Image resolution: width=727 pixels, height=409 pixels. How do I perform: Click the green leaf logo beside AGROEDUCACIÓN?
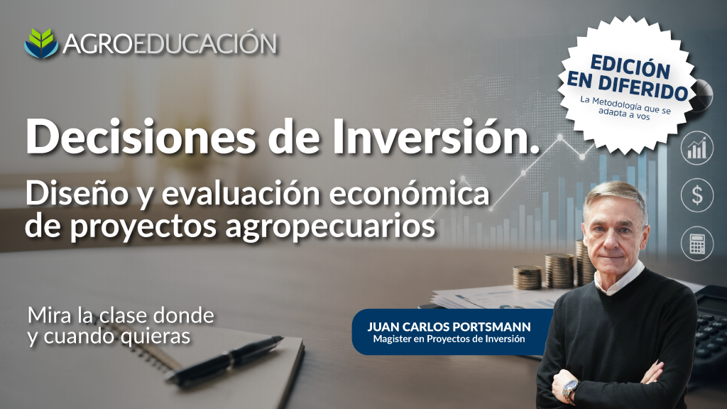[x=41, y=43]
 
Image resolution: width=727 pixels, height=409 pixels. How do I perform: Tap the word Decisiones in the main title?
[x=141, y=137]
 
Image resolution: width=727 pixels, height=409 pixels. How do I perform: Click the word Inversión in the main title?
[x=436, y=137]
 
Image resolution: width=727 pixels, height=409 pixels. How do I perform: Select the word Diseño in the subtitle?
[x=77, y=193]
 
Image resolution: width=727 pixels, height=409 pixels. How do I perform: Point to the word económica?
[x=409, y=193]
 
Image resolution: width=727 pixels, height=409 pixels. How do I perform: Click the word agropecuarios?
[x=330, y=227]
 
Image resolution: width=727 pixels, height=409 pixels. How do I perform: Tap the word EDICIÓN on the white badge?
[x=630, y=67]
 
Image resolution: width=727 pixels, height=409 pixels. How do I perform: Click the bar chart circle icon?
[x=697, y=148]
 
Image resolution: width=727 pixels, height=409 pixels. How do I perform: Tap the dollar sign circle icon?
[x=697, y=195]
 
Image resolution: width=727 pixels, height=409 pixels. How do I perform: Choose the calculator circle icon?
[x=697, y=244]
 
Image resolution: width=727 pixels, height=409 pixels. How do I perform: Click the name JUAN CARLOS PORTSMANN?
[x=449, y=327]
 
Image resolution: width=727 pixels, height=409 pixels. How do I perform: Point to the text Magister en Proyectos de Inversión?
[x=449, y=339]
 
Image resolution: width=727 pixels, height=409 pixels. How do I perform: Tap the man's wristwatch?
[x=570, y=391]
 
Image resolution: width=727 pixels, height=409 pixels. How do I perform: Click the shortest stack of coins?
[x=528, y=278]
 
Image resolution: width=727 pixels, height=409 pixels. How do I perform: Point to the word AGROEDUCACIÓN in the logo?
[x=170, y=44]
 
